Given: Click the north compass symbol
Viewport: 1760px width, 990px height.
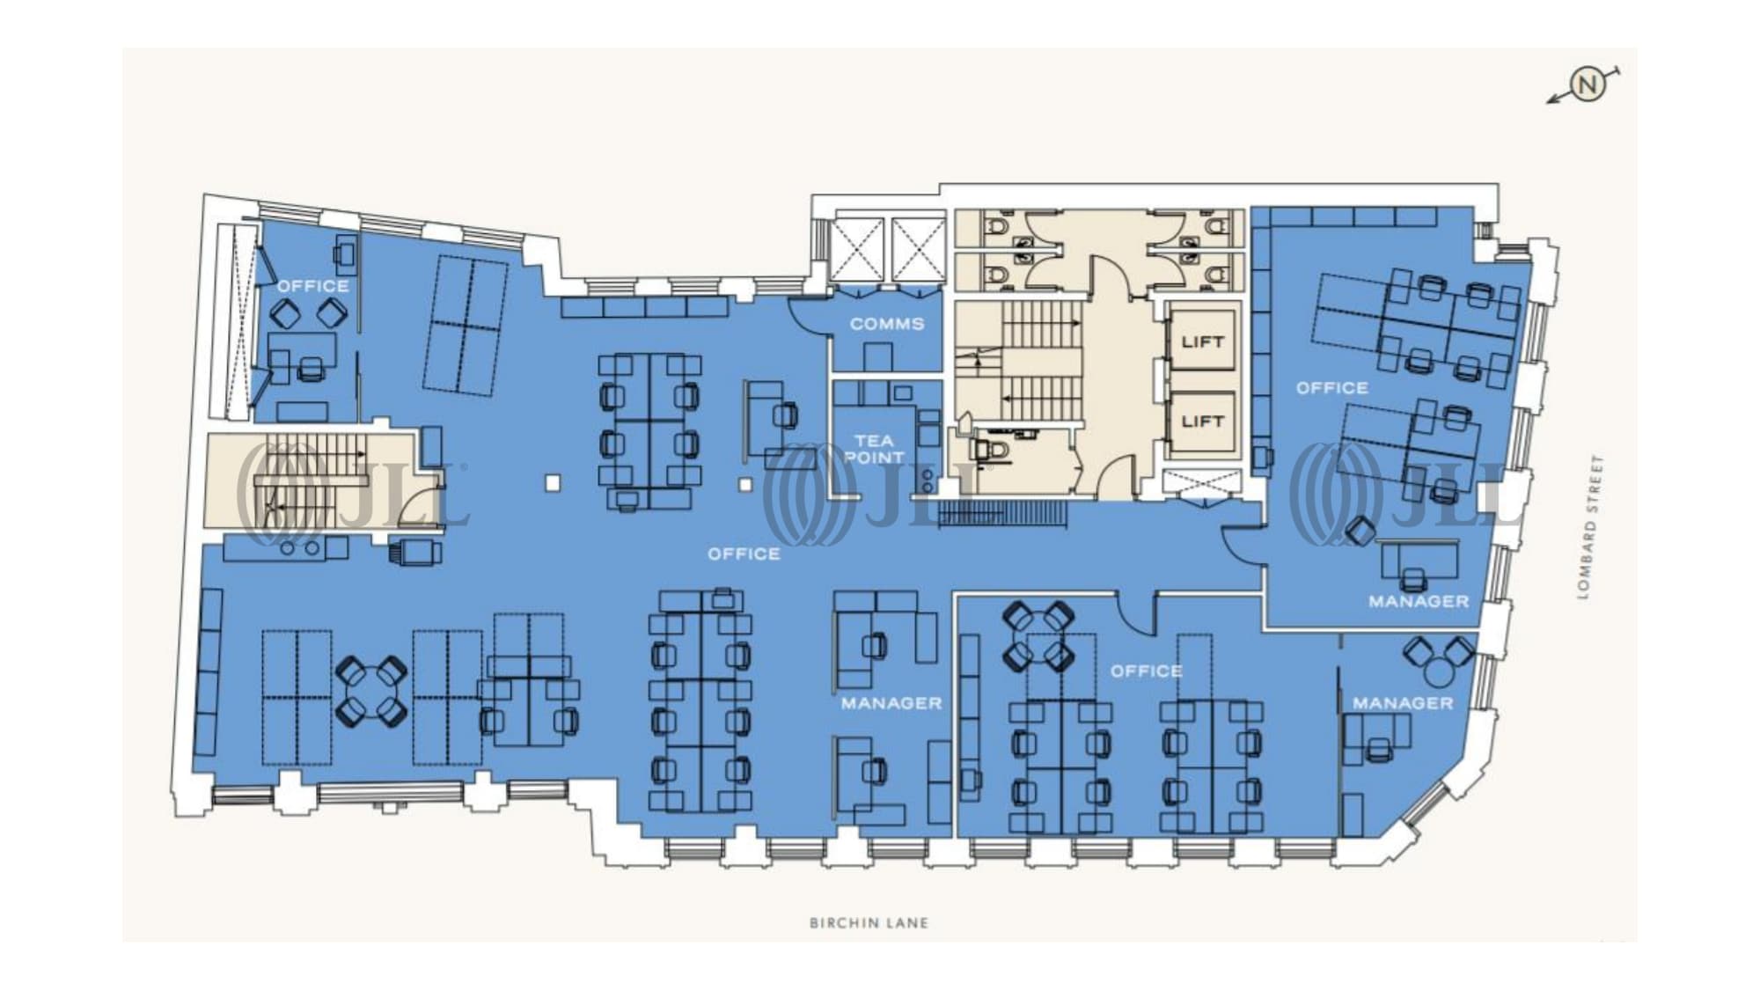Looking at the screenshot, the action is [x=1588, y=85].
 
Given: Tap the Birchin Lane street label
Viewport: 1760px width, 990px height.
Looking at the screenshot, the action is [x=869, y=923].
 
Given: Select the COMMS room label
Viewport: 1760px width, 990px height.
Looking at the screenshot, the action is [x=887, y=324].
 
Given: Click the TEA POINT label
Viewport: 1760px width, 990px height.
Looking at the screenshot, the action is [x=874, y=449].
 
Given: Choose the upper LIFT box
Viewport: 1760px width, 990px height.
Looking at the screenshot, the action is [x=1202, y=341].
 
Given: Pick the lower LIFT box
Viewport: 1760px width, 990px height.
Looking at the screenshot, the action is [x=1202, y=422].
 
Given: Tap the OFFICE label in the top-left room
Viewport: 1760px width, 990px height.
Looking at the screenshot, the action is [x=312, y=286].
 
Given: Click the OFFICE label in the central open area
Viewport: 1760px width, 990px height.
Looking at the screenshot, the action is [x=744, y=554].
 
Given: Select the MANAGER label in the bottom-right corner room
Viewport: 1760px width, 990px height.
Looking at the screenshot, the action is [x=1403, y=703].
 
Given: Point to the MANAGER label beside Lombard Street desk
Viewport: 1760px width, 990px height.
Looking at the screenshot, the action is [x=1419, y=601].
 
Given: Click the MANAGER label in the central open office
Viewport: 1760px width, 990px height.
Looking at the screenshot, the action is [x=891, y=703].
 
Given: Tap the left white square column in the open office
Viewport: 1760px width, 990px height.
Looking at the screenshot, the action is [x=553, y=483].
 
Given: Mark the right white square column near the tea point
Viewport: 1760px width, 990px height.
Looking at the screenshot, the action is [x=745, y=484].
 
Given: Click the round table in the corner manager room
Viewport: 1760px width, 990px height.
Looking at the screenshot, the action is [x=1439, y=672].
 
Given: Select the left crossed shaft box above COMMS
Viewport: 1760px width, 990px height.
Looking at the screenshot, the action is [x=857, y=249].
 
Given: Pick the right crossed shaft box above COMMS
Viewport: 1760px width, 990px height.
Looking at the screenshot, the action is [x=918, y=249].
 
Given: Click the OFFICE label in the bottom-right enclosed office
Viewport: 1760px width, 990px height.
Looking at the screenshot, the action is [x=1146, y=671].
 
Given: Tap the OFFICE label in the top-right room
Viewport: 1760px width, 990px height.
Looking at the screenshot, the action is [x=1331, y=388].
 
